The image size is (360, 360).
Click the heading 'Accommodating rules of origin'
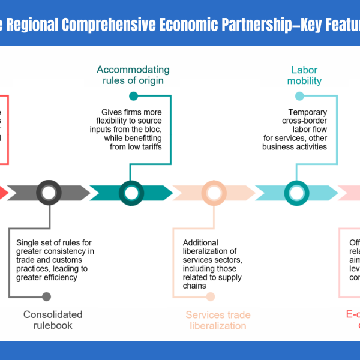point(133,75)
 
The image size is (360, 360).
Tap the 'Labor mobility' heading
point(304,75)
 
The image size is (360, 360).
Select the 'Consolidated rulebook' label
point(53,320)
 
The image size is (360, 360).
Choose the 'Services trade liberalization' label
point(218,320)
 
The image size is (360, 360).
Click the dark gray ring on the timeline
point(49,193)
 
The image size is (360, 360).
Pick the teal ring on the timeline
point(131,193)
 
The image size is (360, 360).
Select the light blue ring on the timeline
point(296,193)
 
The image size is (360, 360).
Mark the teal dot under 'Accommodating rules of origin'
point(133,96)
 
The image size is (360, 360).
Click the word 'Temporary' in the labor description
point(307,112)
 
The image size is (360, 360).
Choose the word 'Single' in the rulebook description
point(29,243)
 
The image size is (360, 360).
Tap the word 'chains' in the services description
point(194,286)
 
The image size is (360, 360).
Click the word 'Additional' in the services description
point(201,243)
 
